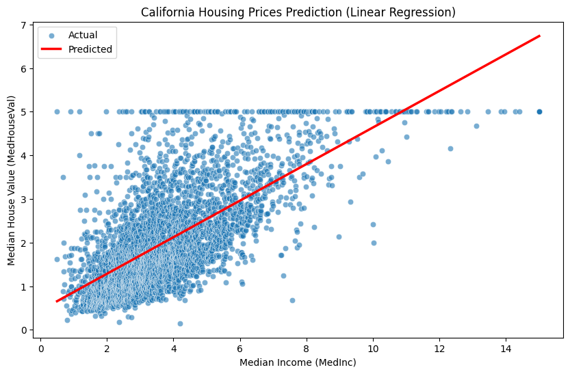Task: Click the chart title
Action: pos(298,12)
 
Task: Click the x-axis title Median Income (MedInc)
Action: pos(298,362)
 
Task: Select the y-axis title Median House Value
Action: pos(12,181)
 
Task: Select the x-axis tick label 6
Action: pos(240,346)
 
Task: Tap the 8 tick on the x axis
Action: pos(307,346)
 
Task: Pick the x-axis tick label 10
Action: pos(373,346)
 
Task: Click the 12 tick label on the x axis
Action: pos(439,346)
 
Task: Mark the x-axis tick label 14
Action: pos(506,346)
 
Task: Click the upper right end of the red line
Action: pos(539,36)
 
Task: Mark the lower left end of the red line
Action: pos(57,302)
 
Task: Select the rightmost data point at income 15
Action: pos(539,111)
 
